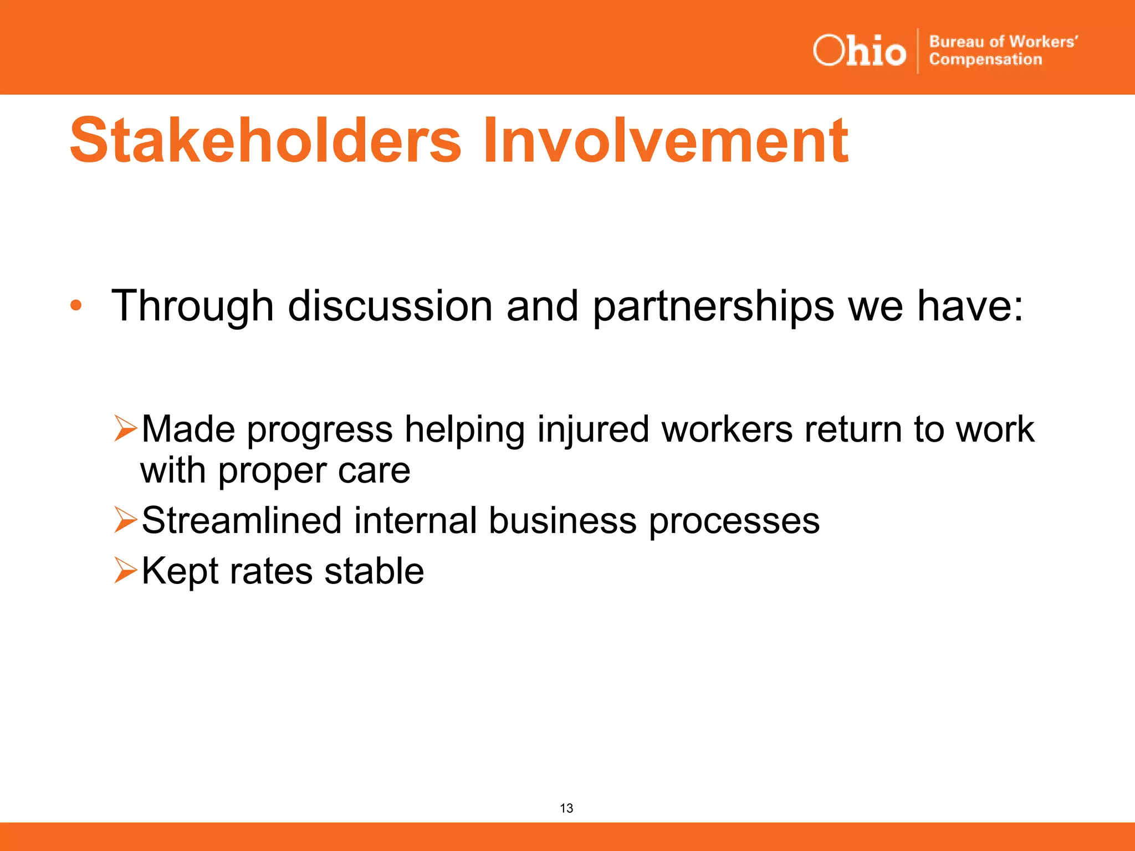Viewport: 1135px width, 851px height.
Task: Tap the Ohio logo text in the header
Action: click(x=859, y=51)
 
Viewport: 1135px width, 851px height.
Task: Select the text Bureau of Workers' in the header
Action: click(x=1003, y=42)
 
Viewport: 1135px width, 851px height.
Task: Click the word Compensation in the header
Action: click(x=985, y=59)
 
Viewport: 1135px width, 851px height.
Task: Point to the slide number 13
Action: click(x=566, y=808)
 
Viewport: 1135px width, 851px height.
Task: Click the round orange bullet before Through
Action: click(x=76, y=305)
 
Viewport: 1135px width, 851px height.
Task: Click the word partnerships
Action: click(x=713, y=306)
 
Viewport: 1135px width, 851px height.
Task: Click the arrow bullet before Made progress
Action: click(x=125, y=429)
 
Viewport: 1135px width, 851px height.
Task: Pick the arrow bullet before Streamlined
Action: click(x=125, y=520)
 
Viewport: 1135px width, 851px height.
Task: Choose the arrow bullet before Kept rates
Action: click(x=125, y=571)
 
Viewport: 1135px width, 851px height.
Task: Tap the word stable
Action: click(x=374, y=571)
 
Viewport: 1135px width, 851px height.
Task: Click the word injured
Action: click(x=593, y=430)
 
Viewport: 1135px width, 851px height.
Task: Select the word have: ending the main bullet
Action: click(x=970, y=306)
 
